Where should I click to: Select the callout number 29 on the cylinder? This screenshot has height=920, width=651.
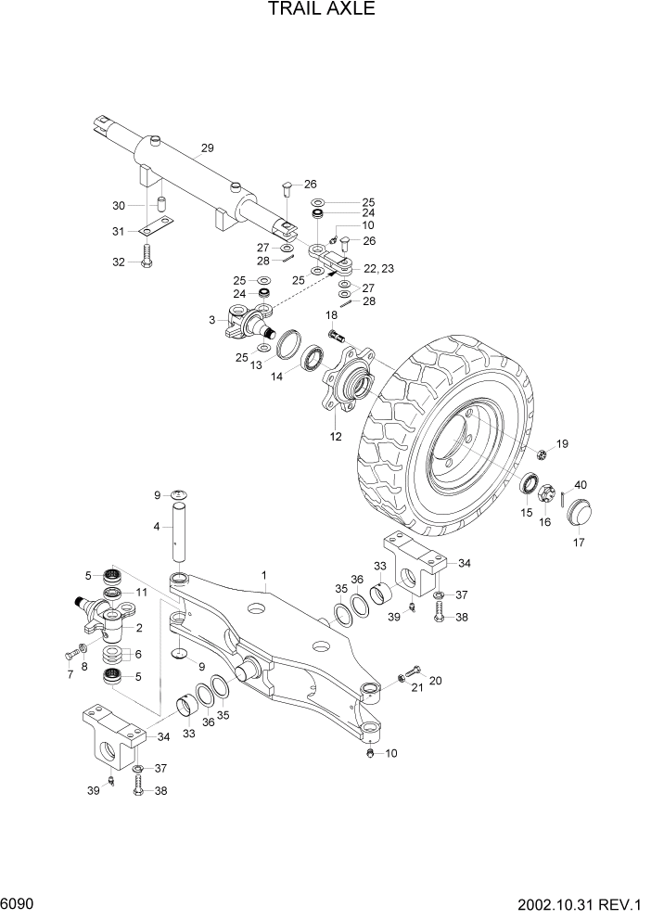point(207,147)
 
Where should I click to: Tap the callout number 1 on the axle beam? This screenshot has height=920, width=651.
point(264,575)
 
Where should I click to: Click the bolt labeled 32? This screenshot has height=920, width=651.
point(147,254)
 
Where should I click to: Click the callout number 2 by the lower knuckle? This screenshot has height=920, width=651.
point(138,627)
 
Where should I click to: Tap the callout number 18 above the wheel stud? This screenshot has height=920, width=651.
point(331,315)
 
